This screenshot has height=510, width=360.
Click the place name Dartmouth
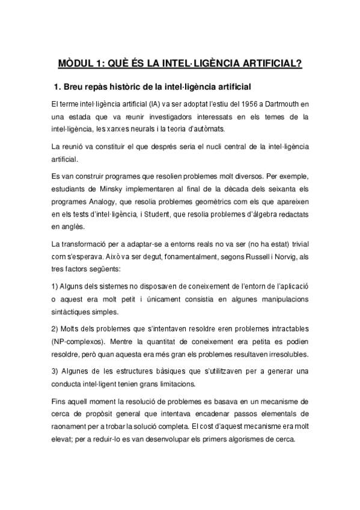tap(279, 105)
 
